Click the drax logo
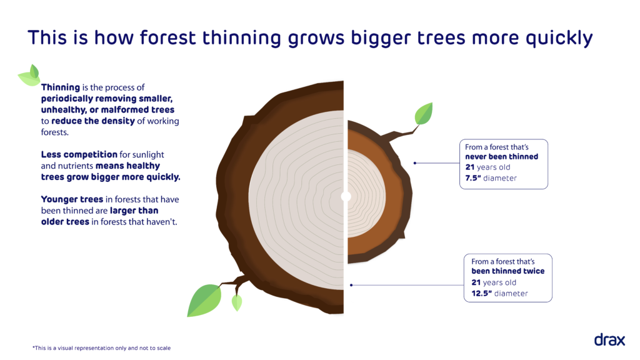(609, 340)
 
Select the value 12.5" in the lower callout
(483, 293)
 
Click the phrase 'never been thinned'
(501, 157)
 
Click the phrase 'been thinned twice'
(507, 271)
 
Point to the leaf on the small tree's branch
(424, 114)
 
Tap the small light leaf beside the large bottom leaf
(237, 302)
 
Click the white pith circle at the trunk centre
(346, 196)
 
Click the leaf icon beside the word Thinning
(30, 76)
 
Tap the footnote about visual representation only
(101, 347)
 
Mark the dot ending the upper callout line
(415, 164)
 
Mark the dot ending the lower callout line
(351, 285)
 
